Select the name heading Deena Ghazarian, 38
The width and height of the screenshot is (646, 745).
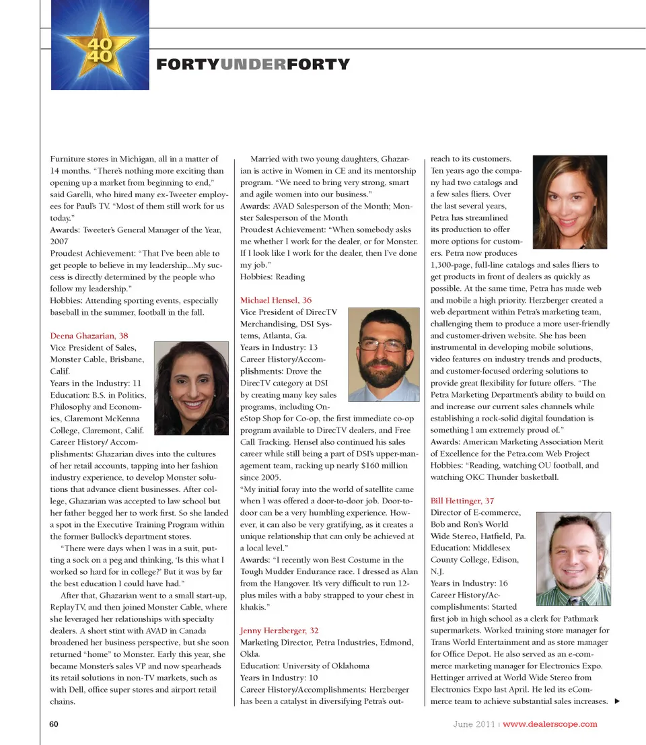[x=89, y=335]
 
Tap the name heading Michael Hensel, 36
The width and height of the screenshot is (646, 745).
[x=276, y=299]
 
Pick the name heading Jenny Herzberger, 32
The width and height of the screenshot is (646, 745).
[x=279, y=631]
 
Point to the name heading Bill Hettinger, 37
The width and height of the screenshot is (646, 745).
[x=462, y=501]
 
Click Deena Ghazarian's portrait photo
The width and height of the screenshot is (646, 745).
[x=191, y=387]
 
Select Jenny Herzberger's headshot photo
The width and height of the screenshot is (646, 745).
[x=569, y=202]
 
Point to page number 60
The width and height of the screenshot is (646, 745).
[x=55, y=724]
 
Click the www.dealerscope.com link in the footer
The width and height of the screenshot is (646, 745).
[x=550, y=724]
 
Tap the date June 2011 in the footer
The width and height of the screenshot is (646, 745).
[x=474, y=724]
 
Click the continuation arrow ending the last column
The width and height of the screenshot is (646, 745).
[x=617, y=701]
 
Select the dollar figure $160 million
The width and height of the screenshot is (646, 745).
[x=384, y=466]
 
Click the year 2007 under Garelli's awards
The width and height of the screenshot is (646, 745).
[x=59, y=241]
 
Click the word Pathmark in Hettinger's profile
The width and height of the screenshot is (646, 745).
[x=578, y=618]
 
